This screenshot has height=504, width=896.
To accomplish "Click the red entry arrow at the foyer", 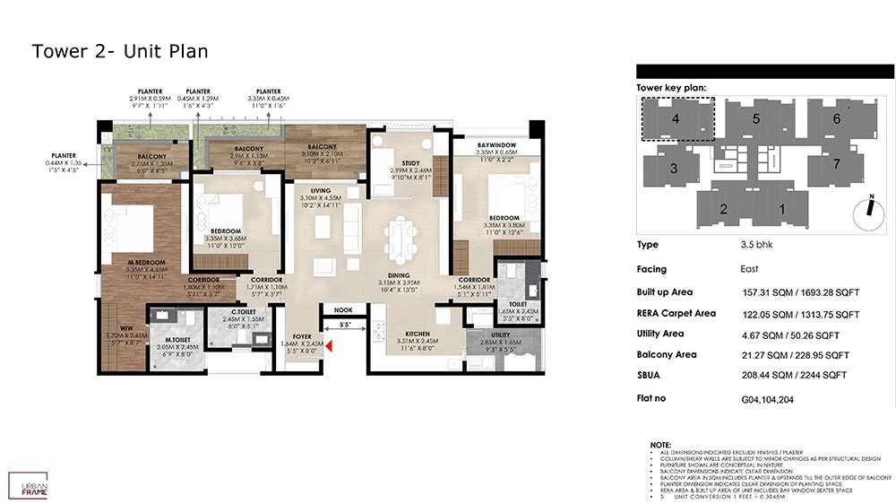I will (x=330, y=346).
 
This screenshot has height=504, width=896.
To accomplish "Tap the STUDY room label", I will (x=410, y=163).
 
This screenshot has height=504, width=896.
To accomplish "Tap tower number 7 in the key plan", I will (x=837, y=164).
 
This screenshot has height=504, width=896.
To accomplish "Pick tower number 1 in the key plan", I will (x=781, y=209).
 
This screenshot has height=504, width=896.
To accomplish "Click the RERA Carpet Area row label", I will (x=676, y=314).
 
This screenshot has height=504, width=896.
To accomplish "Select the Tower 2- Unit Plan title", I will (x=120, y=51).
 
